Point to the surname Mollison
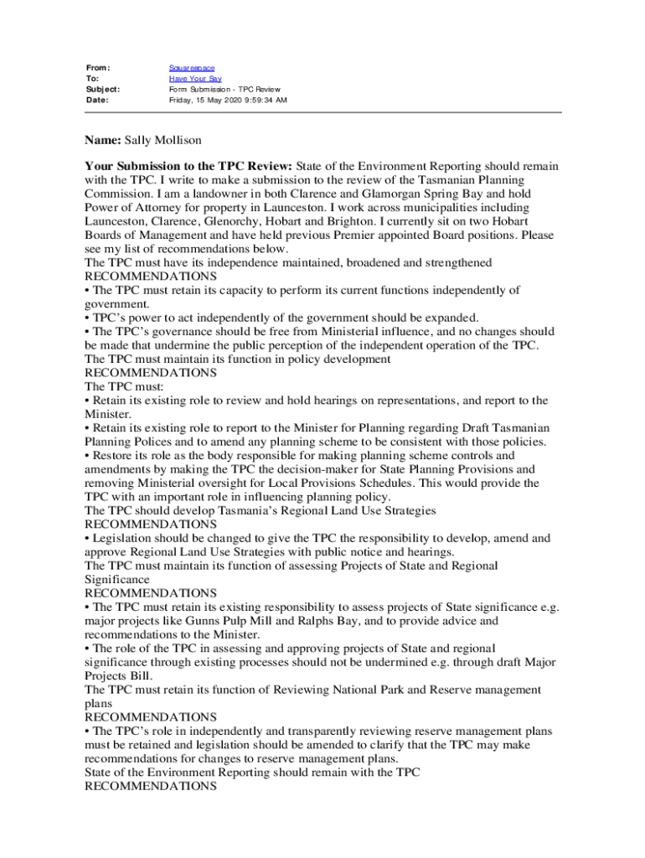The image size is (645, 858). coord(177,140)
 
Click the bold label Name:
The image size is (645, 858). coord(103,140)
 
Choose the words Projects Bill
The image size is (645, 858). coord(118,676)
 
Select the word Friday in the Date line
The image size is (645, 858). coord(182,100)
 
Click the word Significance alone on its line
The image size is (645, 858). coord(117,580)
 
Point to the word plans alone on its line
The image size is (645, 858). coord(98,704)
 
